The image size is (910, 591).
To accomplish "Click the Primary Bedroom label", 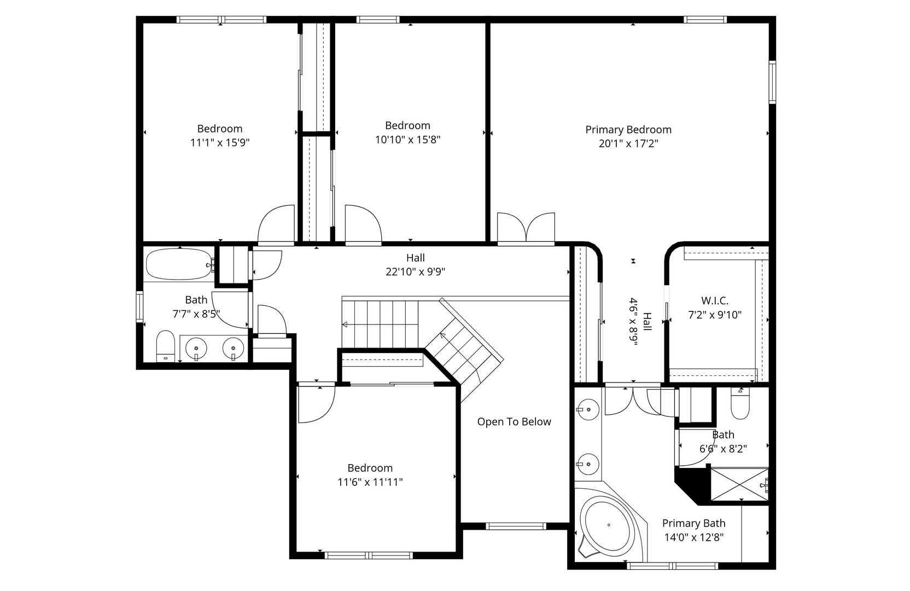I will pos(628,130).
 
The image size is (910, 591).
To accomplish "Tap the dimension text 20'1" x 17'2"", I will pos(628,144).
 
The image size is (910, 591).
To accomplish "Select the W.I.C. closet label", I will pos(715,300).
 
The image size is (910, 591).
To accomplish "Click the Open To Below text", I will pos(514,422).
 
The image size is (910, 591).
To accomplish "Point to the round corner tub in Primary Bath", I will pos(608,524).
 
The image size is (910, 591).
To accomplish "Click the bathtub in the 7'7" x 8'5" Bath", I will pos(179,264).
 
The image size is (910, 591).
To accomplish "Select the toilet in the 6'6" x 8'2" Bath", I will pos(740,405).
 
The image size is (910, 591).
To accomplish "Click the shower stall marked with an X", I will pos(738,484).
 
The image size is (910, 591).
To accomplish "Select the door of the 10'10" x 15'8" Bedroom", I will pos(362,224).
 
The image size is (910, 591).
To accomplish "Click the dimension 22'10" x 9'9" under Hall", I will pos(416,272).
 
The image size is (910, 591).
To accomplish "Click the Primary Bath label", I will pos(693,523).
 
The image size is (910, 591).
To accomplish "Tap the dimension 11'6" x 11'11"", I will pos(370,482).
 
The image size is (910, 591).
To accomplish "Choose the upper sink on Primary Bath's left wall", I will pos(587,409).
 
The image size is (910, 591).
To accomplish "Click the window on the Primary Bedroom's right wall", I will pos(772,83).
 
